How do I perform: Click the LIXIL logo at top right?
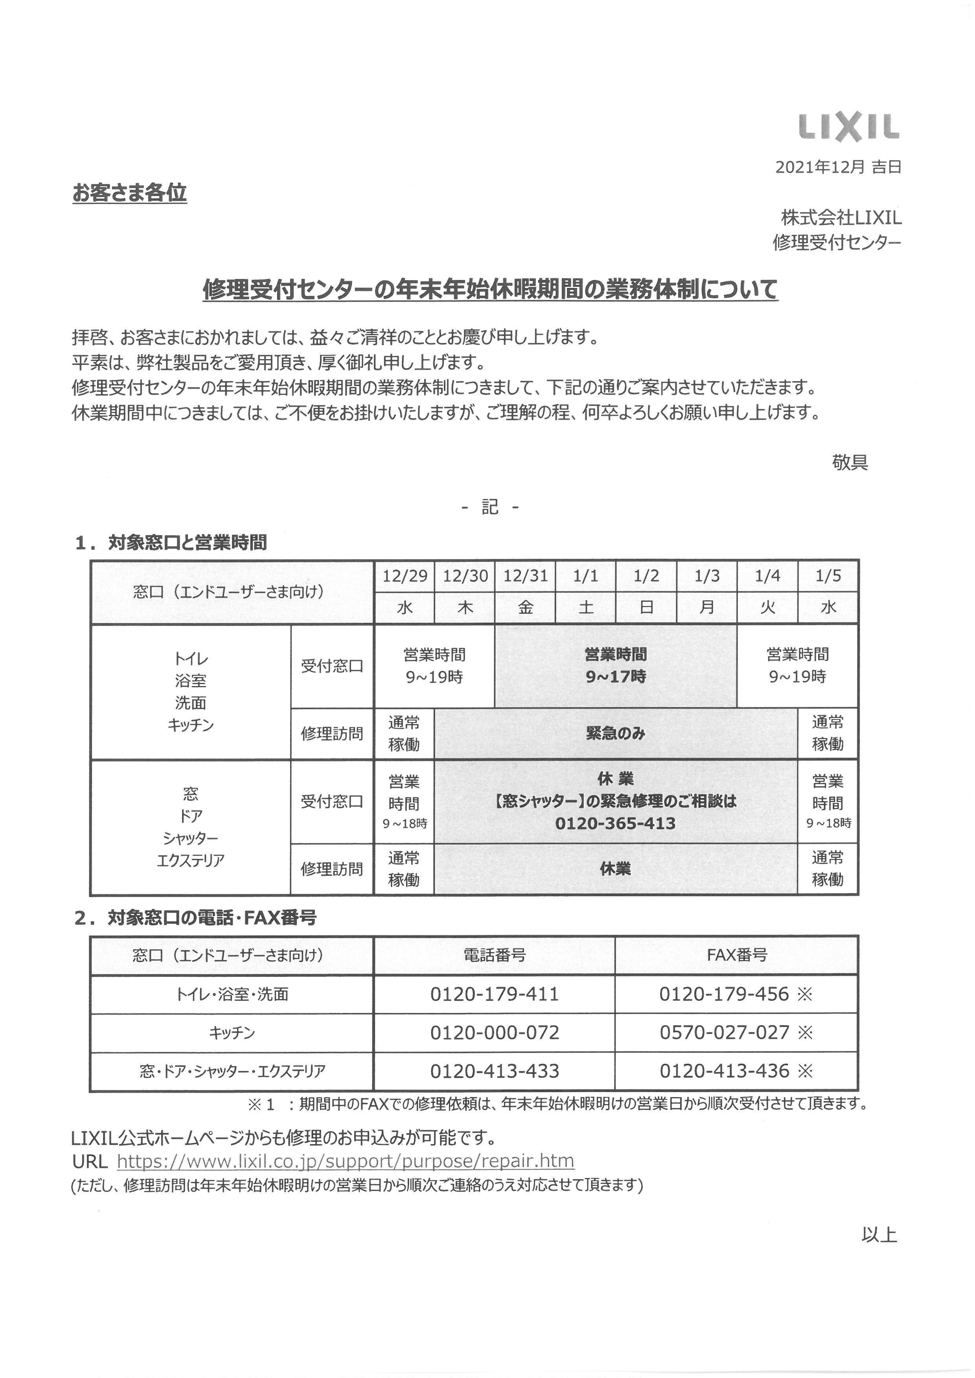click(x=849, y=127)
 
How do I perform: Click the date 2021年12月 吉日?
click(x=838, y=167)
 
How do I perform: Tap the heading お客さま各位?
click(x=130, y=193)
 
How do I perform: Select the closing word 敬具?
click(x=850, y=462)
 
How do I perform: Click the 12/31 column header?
click(x=525, y=576)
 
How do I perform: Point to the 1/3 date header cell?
click(x=706, y=576)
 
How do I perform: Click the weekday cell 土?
click(x=585, y=607)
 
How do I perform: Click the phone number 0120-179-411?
click(x=494, y=994)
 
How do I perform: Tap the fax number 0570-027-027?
click(x=724, y=1032)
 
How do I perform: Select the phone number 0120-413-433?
click(x=494, y=1071)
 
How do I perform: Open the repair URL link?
click(x=345, y=1161)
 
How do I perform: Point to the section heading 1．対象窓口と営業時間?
click(x=171, y=543)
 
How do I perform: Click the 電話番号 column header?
click(x=494, y=955)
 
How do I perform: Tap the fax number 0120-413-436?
click(x=724, y=1071)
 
